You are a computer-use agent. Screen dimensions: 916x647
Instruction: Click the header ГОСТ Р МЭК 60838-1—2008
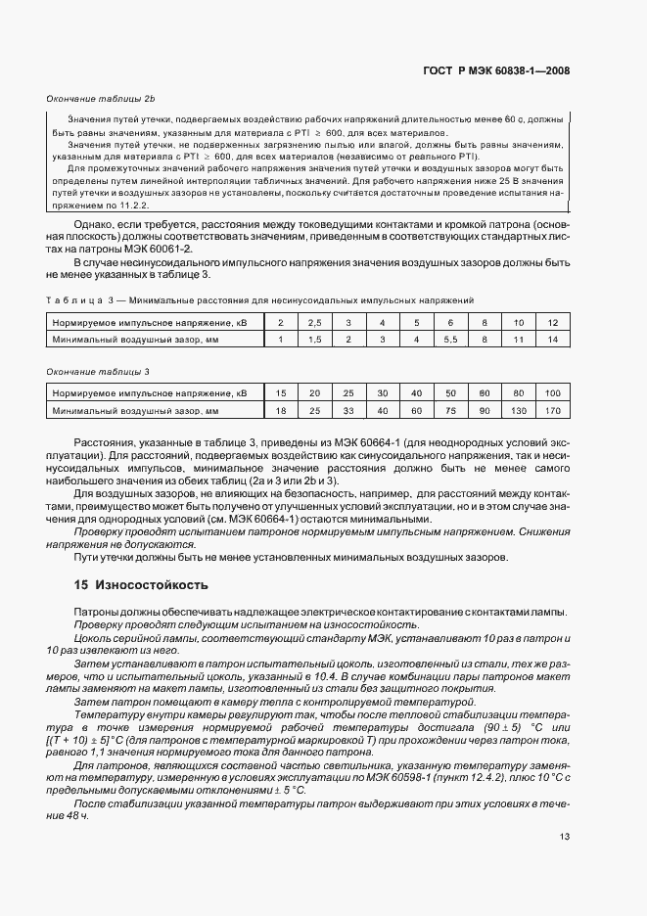(x=496, y=70)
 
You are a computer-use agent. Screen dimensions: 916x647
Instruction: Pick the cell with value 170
(x=553, y=411)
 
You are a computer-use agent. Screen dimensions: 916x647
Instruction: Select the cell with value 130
(x=519, y=411)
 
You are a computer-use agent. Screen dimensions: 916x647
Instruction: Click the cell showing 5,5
(x=450, y=339)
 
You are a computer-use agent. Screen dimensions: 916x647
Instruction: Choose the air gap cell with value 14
(x=553, y=339)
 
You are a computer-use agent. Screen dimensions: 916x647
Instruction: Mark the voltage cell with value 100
(x=553, y=393)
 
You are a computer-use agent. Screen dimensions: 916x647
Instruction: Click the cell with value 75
(x=450, y=411)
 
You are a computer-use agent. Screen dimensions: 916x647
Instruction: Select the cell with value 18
(x=280, y=411)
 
